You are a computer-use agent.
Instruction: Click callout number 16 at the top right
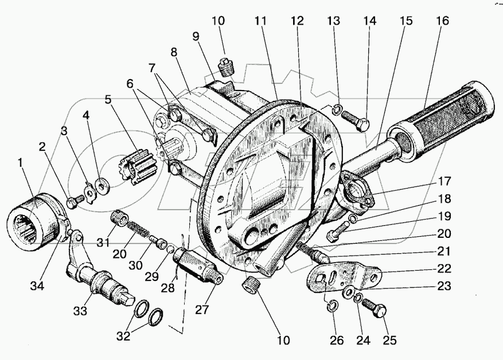[x=442, y=21]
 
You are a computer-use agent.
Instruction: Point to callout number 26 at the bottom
[x=337, y=339]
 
